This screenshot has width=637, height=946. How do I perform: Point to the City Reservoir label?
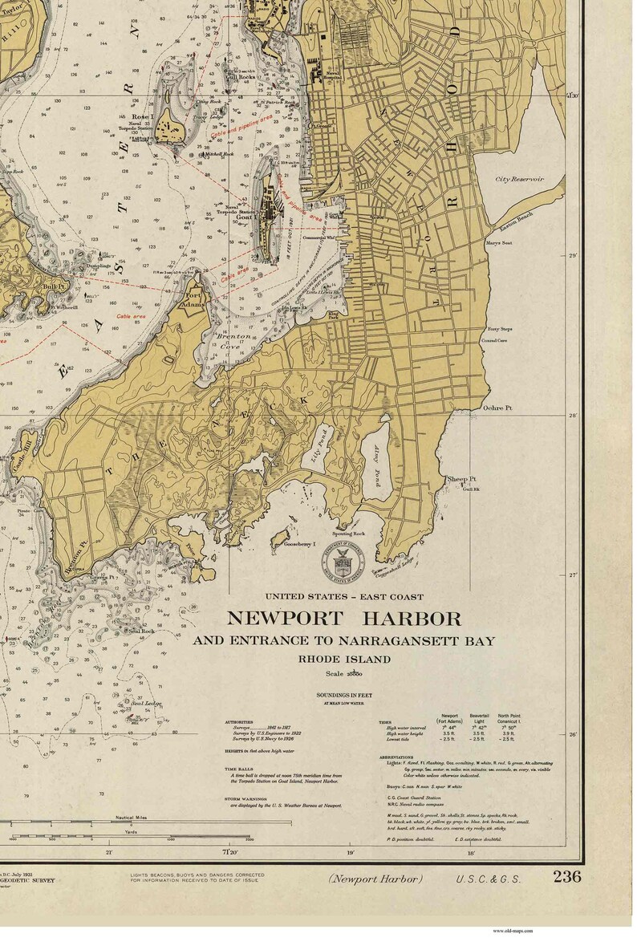(x=518, y=179)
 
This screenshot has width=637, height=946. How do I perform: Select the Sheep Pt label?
(x=461, y=478)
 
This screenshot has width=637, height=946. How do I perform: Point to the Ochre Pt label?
(x=497, y=408)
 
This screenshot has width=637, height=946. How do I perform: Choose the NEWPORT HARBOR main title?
(x=344, y=619)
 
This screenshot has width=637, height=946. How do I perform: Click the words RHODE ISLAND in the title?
(x=344, y=660)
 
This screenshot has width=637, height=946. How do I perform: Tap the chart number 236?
(x=566, y=876)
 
